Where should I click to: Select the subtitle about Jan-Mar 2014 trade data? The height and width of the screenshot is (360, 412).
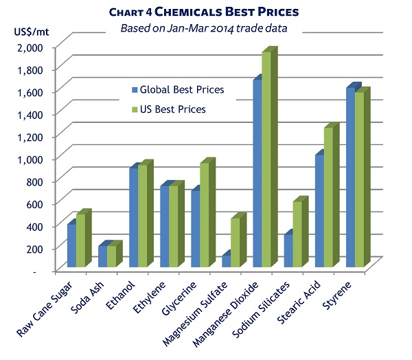(x=205, y=28)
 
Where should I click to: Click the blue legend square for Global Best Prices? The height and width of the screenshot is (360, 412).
(x=135, y=90)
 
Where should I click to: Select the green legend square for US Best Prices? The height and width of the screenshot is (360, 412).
(x=135, y=109)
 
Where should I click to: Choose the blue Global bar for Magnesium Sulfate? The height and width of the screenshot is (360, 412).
(x=226, y=261)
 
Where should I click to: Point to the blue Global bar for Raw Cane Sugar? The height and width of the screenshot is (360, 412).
(x=71, y=245)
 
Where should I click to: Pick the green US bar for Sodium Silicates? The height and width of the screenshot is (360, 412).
(x=297, y=234)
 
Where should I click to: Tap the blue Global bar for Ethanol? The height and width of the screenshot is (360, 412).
(x=133, y=217)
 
